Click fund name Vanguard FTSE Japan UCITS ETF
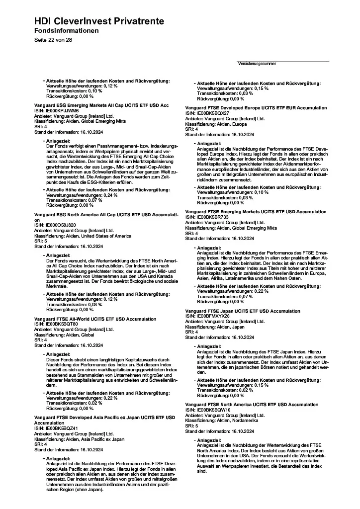(x=243, y=311)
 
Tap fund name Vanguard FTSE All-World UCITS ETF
(x=95, y=319)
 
